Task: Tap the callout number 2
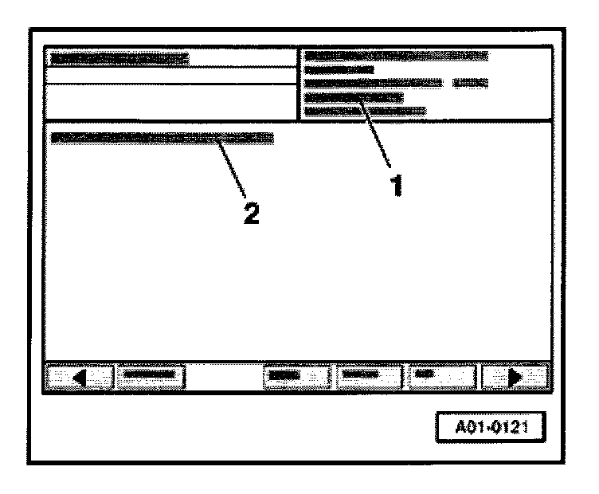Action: point(251,214)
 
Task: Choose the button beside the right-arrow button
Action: point(442,375)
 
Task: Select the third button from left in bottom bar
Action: point(295,375)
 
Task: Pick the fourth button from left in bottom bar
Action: point(367,375)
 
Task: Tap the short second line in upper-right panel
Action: point(339,69)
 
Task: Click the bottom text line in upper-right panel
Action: point(365,111)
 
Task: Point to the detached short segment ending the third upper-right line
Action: point(470,83)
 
